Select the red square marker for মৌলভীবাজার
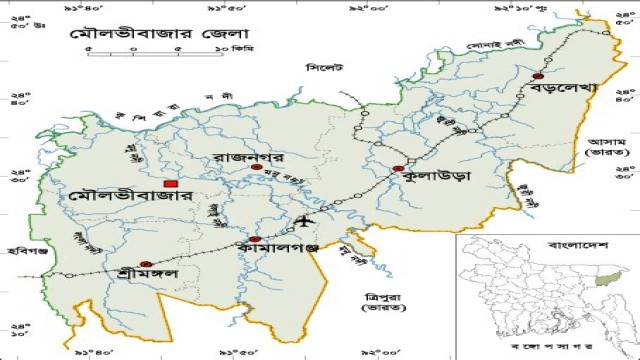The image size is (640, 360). [171, 185]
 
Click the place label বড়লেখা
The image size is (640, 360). [565, 90]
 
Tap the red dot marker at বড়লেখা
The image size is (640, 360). [538, 76]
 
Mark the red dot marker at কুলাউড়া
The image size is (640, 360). [398, 169]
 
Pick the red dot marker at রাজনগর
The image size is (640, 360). [256, 168]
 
